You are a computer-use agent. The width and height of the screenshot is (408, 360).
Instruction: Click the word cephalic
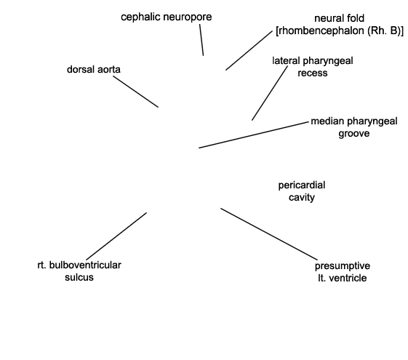click(141, 17)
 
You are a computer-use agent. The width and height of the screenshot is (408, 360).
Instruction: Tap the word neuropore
click(188, 17)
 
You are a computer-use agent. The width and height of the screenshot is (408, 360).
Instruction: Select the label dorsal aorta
click(94, 69)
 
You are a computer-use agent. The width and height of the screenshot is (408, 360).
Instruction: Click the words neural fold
click(340, 18)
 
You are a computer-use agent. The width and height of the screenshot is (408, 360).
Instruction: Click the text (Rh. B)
click(384, 31)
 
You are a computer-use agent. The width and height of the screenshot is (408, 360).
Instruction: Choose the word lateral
click(286, 61)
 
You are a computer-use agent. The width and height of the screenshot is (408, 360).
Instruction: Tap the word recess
click(313, 73)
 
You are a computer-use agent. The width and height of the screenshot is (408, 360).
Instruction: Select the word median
click(327, 121)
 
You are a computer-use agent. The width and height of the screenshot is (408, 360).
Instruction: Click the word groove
click(354, 134)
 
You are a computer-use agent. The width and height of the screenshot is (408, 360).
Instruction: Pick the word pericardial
click(302, 185)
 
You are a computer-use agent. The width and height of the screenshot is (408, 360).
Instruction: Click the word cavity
click(302, 198)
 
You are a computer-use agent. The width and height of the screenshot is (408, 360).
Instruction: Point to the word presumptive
click(343, 266)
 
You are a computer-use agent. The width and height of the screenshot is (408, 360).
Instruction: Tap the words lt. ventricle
click(343, 278)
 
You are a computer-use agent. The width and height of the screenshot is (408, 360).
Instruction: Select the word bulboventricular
click(85, 265)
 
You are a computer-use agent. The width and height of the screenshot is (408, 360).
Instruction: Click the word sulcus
click(79, 277)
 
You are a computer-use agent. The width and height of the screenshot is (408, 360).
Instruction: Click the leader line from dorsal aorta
click(135, 92)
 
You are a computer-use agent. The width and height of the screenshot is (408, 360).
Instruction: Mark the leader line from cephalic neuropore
click(201, 40)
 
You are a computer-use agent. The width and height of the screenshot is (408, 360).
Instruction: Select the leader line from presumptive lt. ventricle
click(269, 234)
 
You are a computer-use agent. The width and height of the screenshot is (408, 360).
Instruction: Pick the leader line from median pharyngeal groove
click(253, 135)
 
